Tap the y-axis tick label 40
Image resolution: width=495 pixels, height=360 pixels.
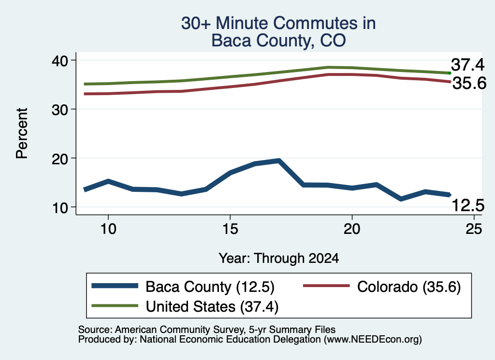tap(60, 60)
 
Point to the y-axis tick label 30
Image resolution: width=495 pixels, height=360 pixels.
tap(60, 110)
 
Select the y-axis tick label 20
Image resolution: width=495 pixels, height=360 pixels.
tap(60, 158)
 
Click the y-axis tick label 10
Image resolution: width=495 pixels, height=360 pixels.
tap(60, 208)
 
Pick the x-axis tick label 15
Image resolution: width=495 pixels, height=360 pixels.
tap(230, 229)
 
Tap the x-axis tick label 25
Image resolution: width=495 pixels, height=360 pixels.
tap(474, 229)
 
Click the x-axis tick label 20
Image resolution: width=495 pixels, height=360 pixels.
tap(352, 229)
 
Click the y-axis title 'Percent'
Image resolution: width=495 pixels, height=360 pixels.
tap(22, 133)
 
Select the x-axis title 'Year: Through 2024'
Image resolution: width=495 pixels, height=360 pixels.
tap(279, 259)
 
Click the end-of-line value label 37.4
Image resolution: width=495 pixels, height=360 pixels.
tap(467, 65)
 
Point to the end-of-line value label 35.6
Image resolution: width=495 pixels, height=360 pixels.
tap(469, 83)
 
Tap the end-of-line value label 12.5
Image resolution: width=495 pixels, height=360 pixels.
tap(468, 205)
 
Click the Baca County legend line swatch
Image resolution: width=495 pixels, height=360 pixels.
tap(115, 286)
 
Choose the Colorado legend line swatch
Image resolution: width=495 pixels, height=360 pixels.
tap(326, 286)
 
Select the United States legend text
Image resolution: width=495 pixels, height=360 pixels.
tap(212, 307)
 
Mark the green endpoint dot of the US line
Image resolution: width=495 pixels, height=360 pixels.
tap(450, 73)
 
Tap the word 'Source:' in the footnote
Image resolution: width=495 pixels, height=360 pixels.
tap(95, 330)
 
